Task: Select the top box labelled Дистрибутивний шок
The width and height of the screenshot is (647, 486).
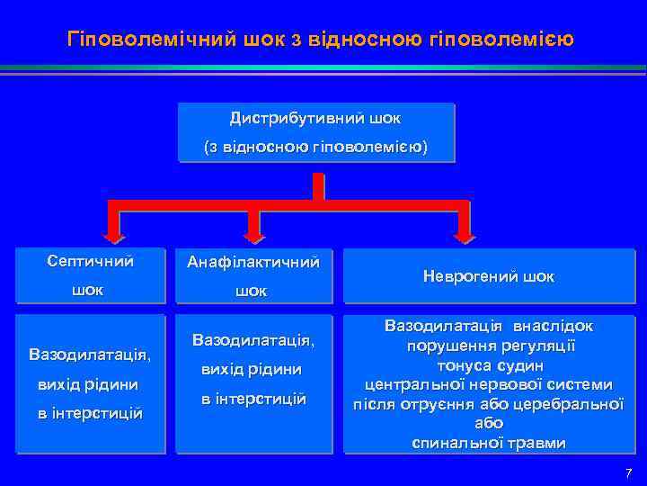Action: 316,132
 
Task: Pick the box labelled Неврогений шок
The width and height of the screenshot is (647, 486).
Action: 489,276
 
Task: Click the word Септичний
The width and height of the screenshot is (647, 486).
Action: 90,262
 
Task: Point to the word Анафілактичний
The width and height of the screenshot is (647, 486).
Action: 253,263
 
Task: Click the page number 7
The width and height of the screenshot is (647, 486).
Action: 628,473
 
